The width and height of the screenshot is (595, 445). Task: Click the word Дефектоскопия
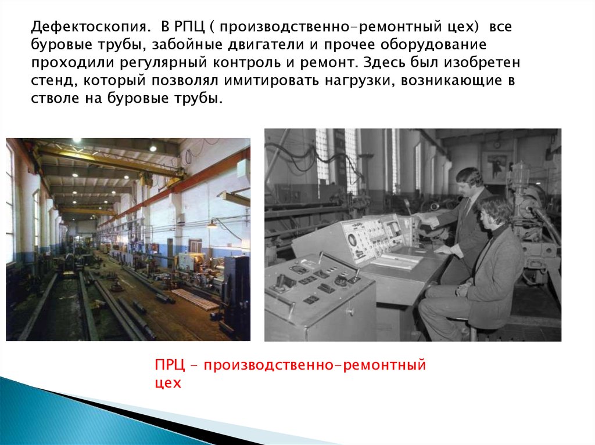pyautogui.click(x=89, y=27)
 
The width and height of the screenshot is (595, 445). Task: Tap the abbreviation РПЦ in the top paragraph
pyautogui.click(x=189, y=27)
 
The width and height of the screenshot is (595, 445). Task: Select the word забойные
pyautogui.click(x=187, y=44)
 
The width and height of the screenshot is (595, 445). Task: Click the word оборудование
pyautogui.click(x=433, y=45)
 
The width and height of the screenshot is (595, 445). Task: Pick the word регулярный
pyautogui.click(x=164, y=63)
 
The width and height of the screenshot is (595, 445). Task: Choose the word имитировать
pyautogui.click(x=271, y=81)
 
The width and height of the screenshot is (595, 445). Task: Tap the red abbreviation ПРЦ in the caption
pyautogui.click(x=170, y=366)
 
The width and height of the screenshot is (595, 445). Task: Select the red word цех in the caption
pyautogui.click(x=168, y=384)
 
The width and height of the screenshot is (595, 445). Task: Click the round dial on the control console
pyautogui.click(x=352, y=240)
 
